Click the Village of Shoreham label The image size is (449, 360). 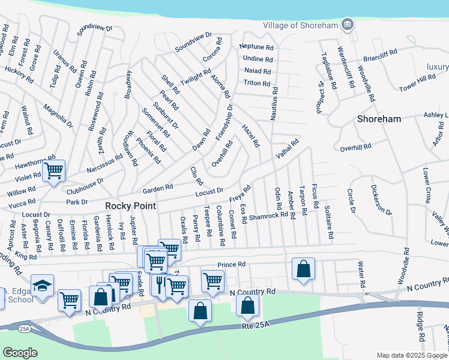click(x=300, y=25)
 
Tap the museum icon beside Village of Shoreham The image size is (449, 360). click(x=346, y=25)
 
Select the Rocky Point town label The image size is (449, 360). click(x=131, y=205)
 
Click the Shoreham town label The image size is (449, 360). click(x=379, y=119)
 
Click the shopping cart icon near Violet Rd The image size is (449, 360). click(x=54, y=171)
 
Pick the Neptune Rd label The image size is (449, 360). click(x=256, y=47)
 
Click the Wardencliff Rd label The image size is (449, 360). click(x=340, y=64)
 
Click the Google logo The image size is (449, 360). click(x=20, y=353)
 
